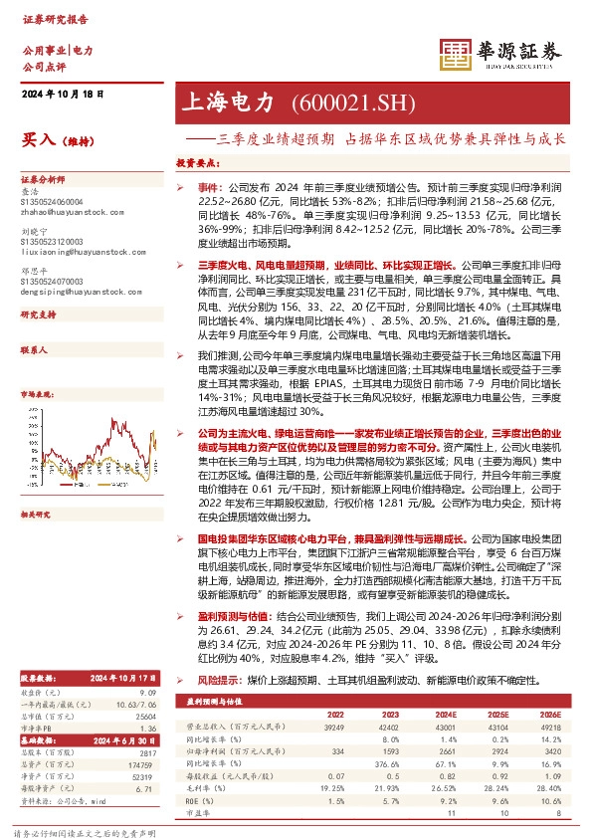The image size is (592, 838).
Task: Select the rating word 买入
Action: coord(36,142)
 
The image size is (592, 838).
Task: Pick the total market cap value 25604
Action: coord(145,689)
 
